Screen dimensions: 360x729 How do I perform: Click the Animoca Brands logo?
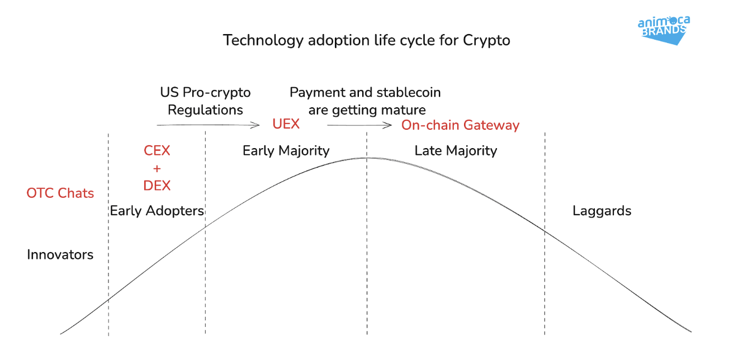tap(664, 30)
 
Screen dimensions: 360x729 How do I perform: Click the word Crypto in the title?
tap(486, 41)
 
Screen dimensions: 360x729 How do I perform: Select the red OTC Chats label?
tap(60, 193)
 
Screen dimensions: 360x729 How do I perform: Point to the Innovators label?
tap(60, 255)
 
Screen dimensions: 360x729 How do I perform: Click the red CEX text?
tap(157, 151)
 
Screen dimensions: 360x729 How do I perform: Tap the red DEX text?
tap(157, 186)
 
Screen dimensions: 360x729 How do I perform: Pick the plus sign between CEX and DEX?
tap(157, 168)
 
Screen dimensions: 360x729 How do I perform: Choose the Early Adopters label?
tap(157, 211)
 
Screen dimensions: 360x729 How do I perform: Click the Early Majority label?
tap(286, 151)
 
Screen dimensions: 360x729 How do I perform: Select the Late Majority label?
tap(456, 151)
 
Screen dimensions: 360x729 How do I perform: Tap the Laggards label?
tap(602, 211)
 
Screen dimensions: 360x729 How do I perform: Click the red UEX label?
tap(286, 124)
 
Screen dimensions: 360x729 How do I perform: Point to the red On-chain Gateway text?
tap(461, 125)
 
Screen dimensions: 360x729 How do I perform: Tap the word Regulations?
tap(206, 110)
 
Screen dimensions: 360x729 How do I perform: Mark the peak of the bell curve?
tap(367, 158)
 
